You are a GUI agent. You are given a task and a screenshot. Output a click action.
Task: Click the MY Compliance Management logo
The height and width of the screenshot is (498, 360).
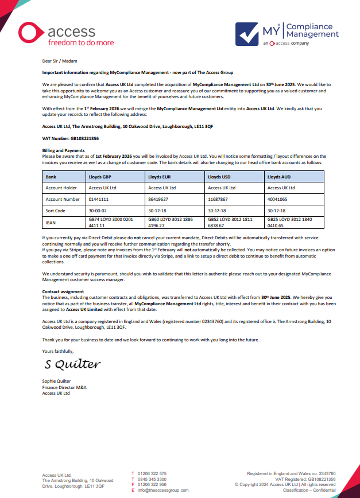tap(287, 33)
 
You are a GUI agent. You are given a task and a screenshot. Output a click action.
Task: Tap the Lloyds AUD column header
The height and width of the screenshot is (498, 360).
tap(280, 177)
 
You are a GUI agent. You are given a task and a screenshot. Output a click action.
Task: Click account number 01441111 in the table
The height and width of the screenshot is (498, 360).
tap(99, 199)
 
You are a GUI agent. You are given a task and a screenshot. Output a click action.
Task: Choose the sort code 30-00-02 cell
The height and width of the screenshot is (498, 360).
tap(98, 211)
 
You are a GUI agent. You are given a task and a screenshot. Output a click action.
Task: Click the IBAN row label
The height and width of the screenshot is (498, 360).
tap(51, 221)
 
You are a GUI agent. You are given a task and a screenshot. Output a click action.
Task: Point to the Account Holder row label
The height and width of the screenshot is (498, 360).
tap(61, 188)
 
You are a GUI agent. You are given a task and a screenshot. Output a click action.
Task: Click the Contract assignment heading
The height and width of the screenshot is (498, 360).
tap(64, 292)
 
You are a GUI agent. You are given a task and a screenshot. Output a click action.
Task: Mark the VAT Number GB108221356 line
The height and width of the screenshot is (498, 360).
tap(71, 138)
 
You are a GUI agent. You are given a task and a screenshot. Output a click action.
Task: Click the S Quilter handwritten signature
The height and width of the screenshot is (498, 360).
tap(72, 364)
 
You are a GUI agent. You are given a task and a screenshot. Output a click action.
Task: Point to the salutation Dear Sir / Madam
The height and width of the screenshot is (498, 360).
tap(59, 60)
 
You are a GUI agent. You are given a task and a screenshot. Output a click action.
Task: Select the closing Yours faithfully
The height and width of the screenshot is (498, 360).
tap(58, 351)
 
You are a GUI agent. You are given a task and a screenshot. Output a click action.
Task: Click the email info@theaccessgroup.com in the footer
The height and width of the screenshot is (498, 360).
tap(163, 491)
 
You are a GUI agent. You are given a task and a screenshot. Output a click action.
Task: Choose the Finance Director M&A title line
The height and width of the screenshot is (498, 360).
tap(64, 387)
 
